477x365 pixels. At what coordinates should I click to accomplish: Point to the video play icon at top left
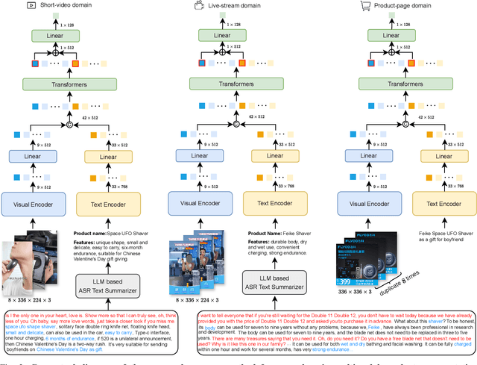[10, 5]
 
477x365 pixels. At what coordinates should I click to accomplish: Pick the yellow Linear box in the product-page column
[446, 156]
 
